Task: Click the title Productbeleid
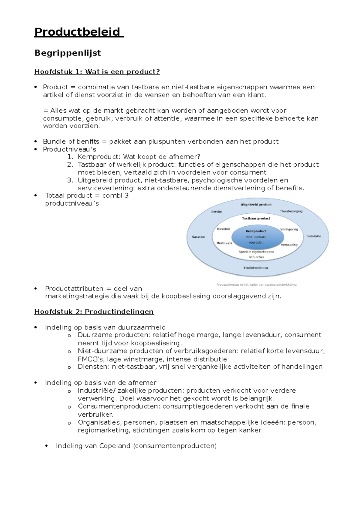[77, 32]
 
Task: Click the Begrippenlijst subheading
[67, 53]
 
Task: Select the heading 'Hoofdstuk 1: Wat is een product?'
[97, 72]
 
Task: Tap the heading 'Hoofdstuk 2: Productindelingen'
[94, 312]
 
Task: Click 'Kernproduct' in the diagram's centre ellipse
[256, 231]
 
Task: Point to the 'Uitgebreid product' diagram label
[256, 204]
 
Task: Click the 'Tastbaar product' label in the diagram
[256, 219]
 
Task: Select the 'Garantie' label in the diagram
[198, 237]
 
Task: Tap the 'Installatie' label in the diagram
[313, 236]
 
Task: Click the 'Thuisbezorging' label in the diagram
[291, 211]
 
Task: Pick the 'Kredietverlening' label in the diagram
[256, 268]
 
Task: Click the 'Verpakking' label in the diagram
[289, 245]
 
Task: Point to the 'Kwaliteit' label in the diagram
[223, 229]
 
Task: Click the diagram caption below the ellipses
[256, 284]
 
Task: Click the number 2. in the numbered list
[70, 165]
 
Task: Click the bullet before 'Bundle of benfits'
[36, 141]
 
